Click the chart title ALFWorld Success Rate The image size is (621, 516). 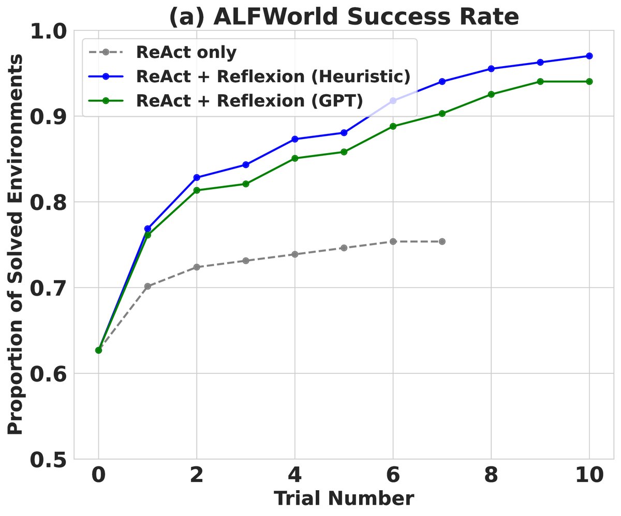(x=344, y=17)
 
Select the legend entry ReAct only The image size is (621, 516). (x=186, y=52)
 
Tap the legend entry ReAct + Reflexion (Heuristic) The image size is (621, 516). (x=273, y=76)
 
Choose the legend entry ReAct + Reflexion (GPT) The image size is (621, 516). (x=249, y=100)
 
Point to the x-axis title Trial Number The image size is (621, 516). (x=344, y=498)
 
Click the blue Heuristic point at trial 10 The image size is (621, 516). (x=589, y=56)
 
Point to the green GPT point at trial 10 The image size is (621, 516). (x=589, y=82)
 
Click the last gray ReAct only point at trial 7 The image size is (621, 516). (x=442, y=241)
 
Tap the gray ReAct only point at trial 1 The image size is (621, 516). (x=147, y=286)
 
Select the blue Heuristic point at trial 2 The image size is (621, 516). (x=197, y=177)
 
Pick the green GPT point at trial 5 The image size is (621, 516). (x=344, y=152)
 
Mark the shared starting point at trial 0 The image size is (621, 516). (x=98, y=350)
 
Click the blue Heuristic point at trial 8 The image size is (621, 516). (x=491, y=69)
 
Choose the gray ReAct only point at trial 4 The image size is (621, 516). (x=294, y=254)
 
